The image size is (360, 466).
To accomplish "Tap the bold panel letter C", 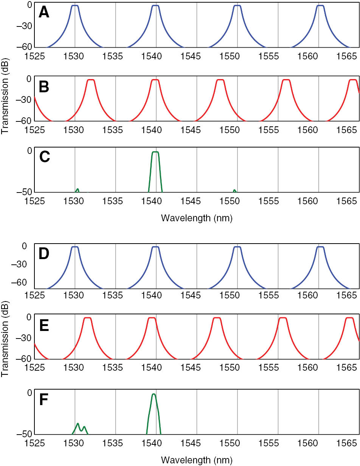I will click(x=45, y=157).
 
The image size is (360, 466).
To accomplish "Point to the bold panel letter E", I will click(x=44, y=325).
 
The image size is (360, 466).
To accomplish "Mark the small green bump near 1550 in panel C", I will click(x=234, y=191).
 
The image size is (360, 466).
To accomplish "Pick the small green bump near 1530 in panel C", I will click(x=78, y=190).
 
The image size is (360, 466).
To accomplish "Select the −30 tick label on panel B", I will click(x=24, y=100).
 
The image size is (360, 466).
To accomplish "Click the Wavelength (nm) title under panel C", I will click(x=196, y=218).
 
